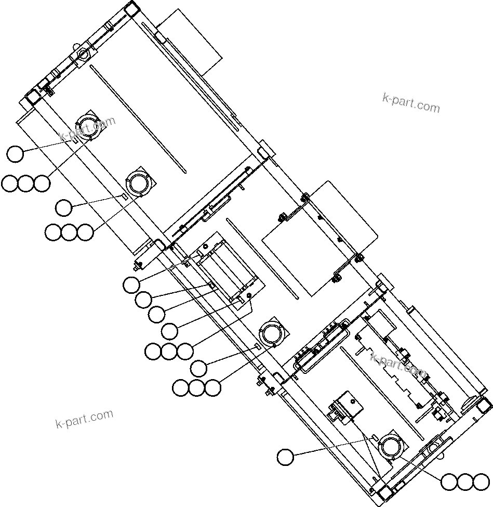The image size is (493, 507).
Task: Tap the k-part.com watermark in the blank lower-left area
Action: [x=84, y=419]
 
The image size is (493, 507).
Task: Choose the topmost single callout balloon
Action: [x=16, y=154]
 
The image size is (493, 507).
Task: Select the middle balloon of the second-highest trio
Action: [x=69, y=232]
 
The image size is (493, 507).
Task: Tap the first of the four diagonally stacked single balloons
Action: [x=131, y=284]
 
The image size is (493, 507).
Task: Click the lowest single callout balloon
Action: [x=285, y=457]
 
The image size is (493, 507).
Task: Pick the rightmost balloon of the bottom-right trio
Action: [x=481, y=482]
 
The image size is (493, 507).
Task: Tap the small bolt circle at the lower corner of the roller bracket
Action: [x=250, y=295]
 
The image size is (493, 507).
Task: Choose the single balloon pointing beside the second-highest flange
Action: [x=64, y=207]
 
